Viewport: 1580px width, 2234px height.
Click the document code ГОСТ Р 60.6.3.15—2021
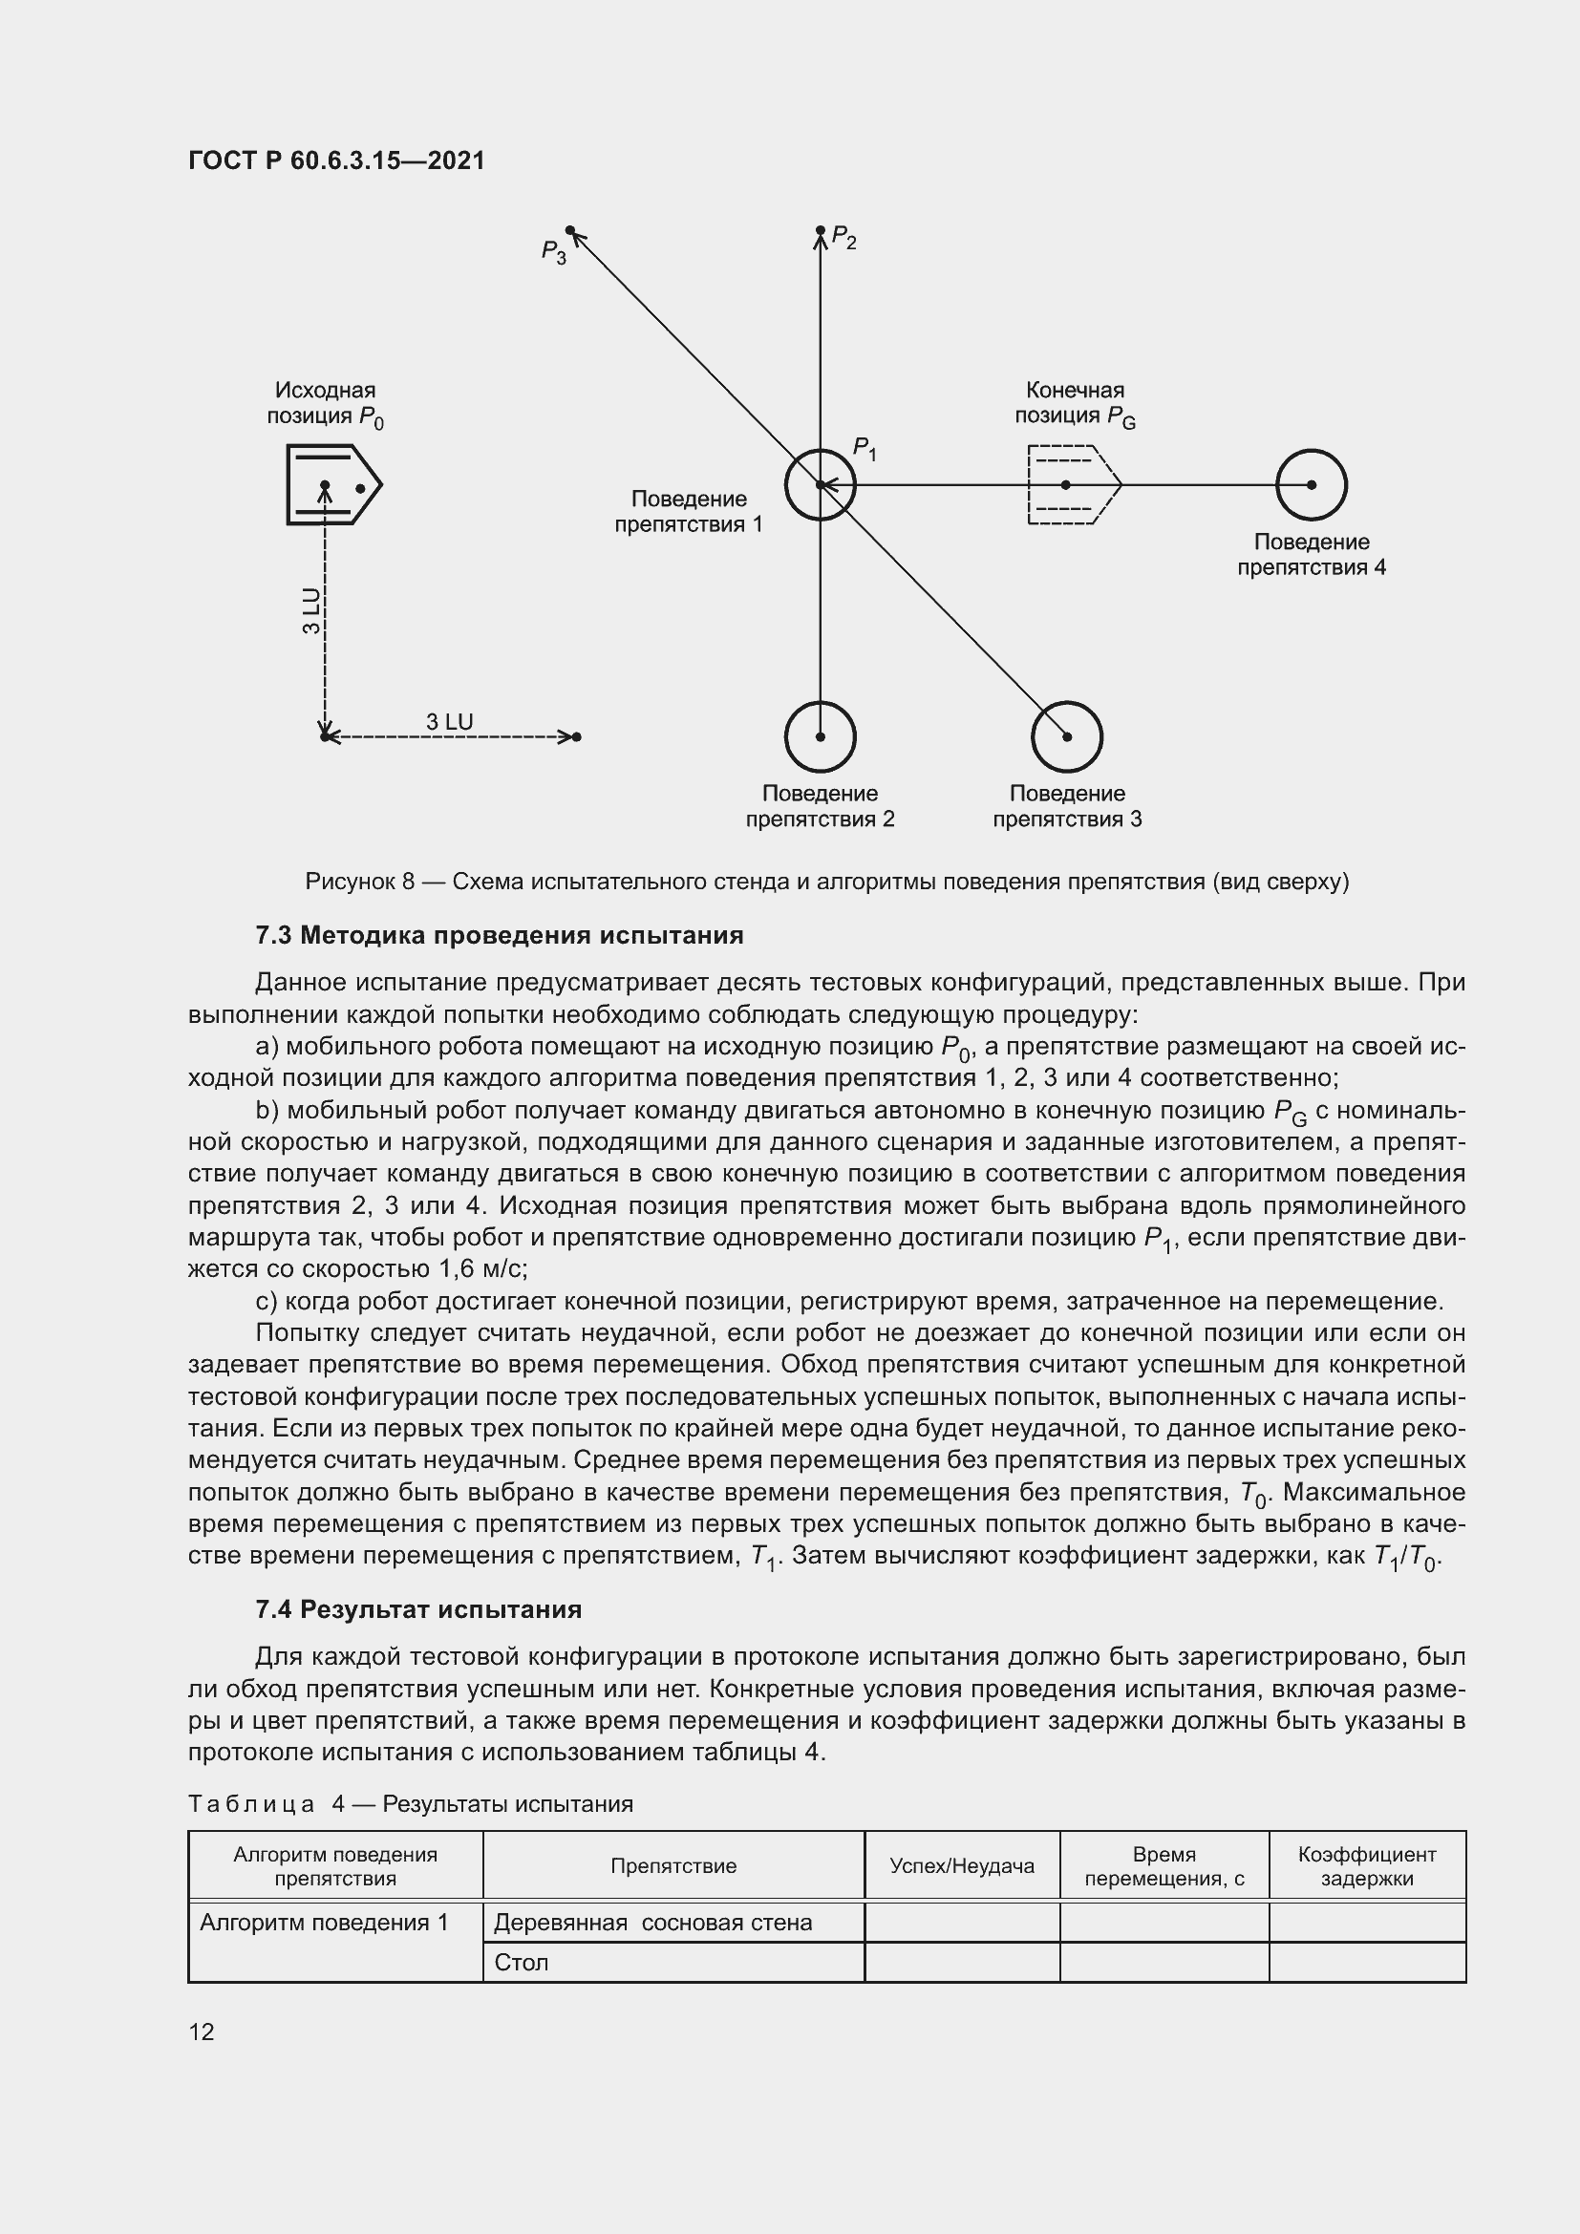pos(335,160)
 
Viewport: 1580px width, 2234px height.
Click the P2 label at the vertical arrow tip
pos(843,240)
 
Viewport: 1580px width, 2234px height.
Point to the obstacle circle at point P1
pos(821,484)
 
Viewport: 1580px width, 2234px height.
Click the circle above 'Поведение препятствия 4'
pos(1311,484)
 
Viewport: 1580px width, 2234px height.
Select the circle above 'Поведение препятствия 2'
pos(821,736)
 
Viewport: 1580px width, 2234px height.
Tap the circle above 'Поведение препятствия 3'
pos(1066,736)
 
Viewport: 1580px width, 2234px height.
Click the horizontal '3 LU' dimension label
pos(450,722)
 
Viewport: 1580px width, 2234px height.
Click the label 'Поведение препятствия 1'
pos(688,512)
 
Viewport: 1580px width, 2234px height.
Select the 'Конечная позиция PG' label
pos(1074,403)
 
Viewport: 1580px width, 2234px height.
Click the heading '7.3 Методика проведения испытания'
pos(499,935)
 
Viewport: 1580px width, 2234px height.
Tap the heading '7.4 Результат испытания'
pos(418,1609)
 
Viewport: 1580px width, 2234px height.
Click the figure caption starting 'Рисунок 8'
pos(827,882)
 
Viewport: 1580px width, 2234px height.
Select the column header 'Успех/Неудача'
pos(961,1865)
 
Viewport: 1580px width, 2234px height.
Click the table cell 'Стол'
pos(522,1963)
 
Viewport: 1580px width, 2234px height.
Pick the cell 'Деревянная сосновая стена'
pos(652,1923)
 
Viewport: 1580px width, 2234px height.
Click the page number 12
pos(202,2032)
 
